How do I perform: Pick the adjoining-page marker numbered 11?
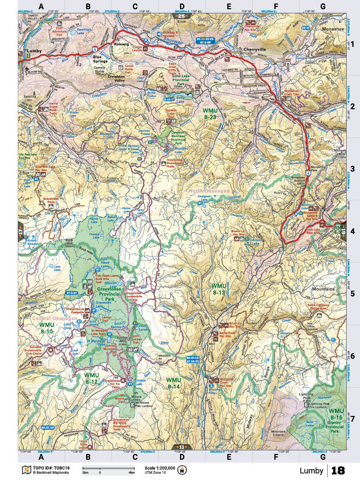(x=181, y=447)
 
